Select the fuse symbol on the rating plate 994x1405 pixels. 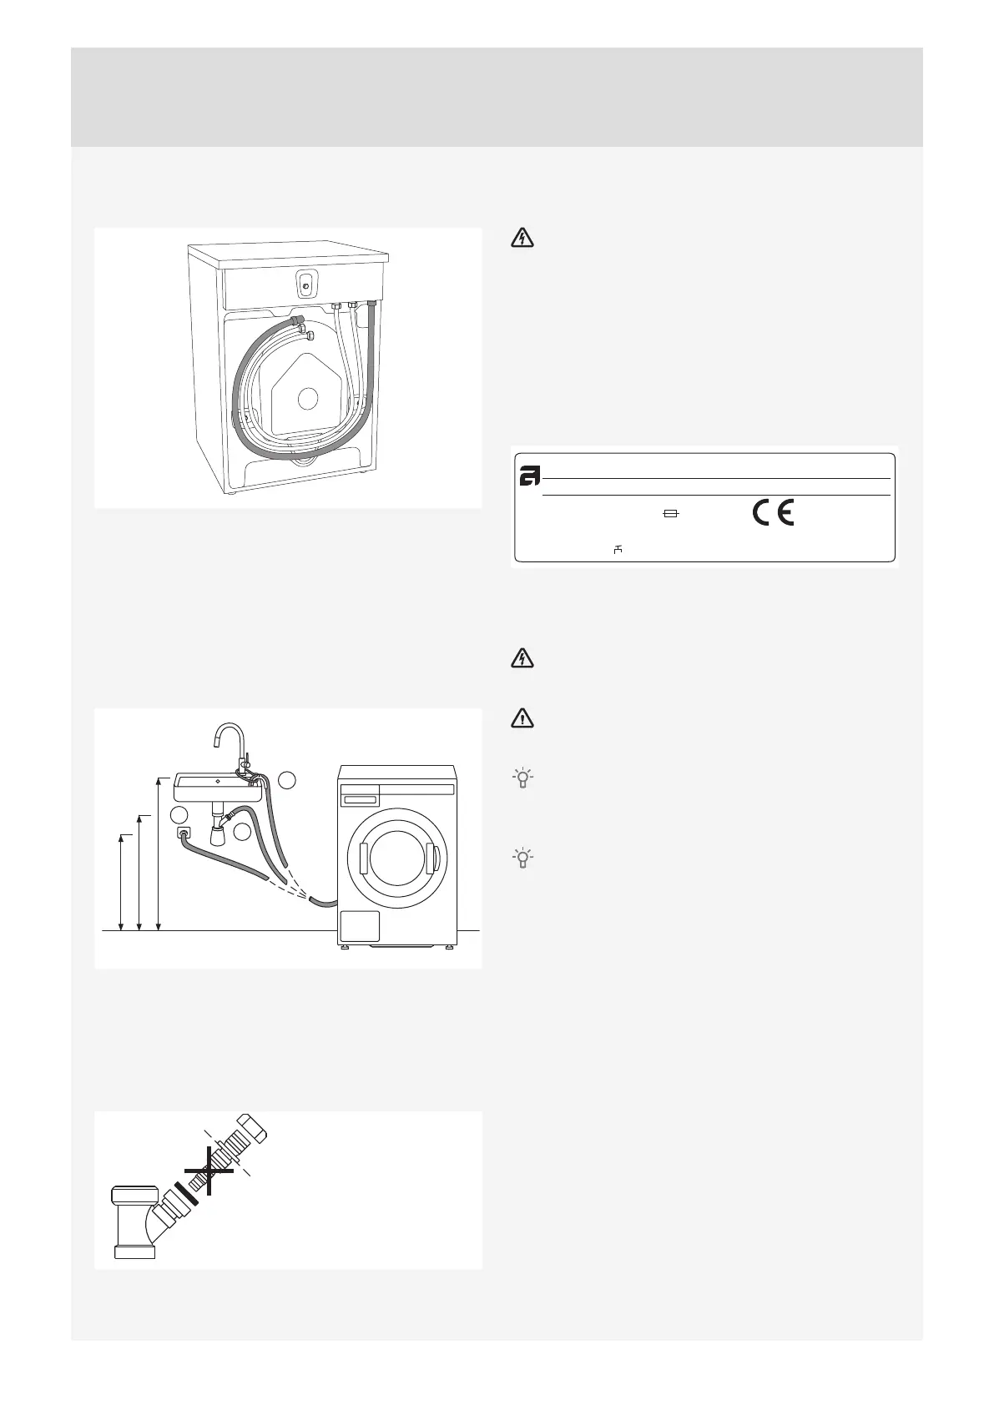670,516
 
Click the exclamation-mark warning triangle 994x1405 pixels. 522,718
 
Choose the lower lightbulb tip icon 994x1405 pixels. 522,859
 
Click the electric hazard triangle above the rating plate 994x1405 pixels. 522,239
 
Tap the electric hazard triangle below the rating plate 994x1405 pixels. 522,660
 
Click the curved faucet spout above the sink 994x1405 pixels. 225,734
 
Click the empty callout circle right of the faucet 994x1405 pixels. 287,780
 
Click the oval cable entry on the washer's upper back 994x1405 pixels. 306,285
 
